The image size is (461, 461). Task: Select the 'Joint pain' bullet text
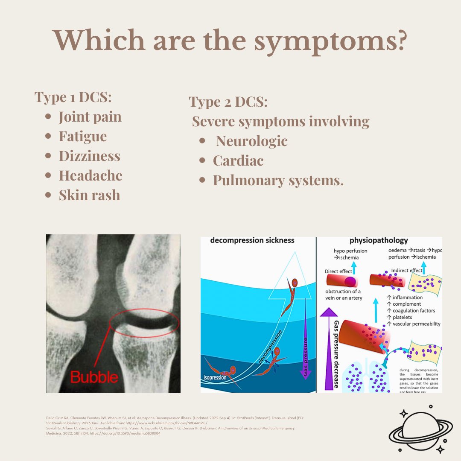90,117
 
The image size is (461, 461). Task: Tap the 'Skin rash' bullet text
89,195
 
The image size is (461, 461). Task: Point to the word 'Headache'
90,175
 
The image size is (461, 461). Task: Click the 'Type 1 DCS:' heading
73,97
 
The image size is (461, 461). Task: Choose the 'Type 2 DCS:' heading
228,102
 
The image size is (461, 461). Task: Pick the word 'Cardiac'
238,160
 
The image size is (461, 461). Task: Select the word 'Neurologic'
252,141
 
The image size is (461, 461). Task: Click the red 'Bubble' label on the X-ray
93,377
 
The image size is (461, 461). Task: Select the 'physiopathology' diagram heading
379,240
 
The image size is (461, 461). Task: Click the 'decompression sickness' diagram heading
252,240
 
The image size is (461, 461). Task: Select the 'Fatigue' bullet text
83,136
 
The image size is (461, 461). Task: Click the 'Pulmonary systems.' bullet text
278,180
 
